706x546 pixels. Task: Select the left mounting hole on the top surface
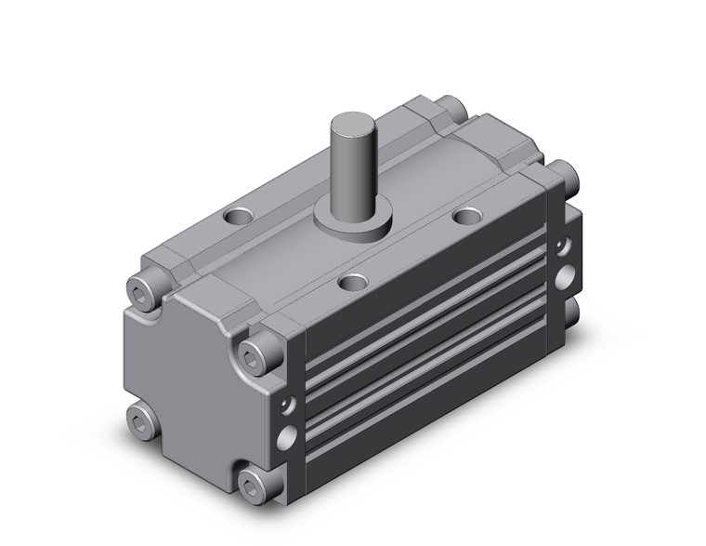tap(240, 218)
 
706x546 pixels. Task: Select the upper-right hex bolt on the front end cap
tap(253, 353)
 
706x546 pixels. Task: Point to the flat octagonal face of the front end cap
tap(186, 381)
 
